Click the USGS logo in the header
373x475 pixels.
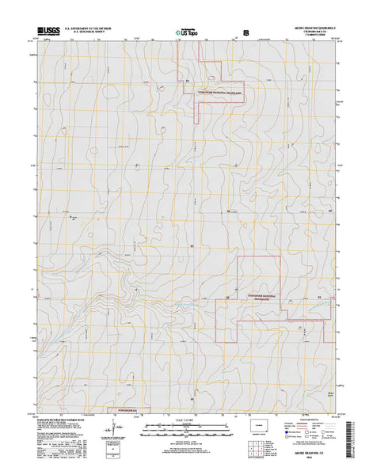(47, 32)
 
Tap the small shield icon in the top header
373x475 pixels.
(246, 33)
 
